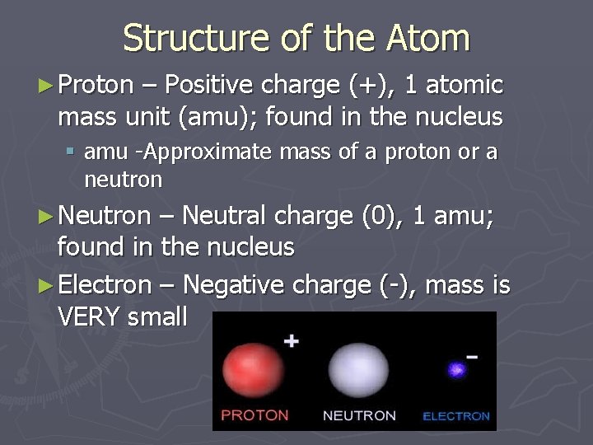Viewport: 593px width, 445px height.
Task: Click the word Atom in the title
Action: coord(427,38)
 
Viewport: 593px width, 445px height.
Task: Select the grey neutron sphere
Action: coord(357,368)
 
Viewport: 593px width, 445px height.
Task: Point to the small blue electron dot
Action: coord(455,370)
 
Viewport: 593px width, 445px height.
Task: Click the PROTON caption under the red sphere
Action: coord(254,415)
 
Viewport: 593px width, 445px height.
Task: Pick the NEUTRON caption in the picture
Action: coord(359,415)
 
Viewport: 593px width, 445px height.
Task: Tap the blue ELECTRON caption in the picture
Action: coord(455,416)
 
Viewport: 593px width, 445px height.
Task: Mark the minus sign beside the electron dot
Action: coord(473,357)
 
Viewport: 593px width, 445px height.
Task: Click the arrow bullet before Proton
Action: coord(48,85)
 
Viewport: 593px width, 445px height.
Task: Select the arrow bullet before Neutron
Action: coord(48,216)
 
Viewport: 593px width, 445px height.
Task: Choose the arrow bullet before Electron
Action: coord(48,286)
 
